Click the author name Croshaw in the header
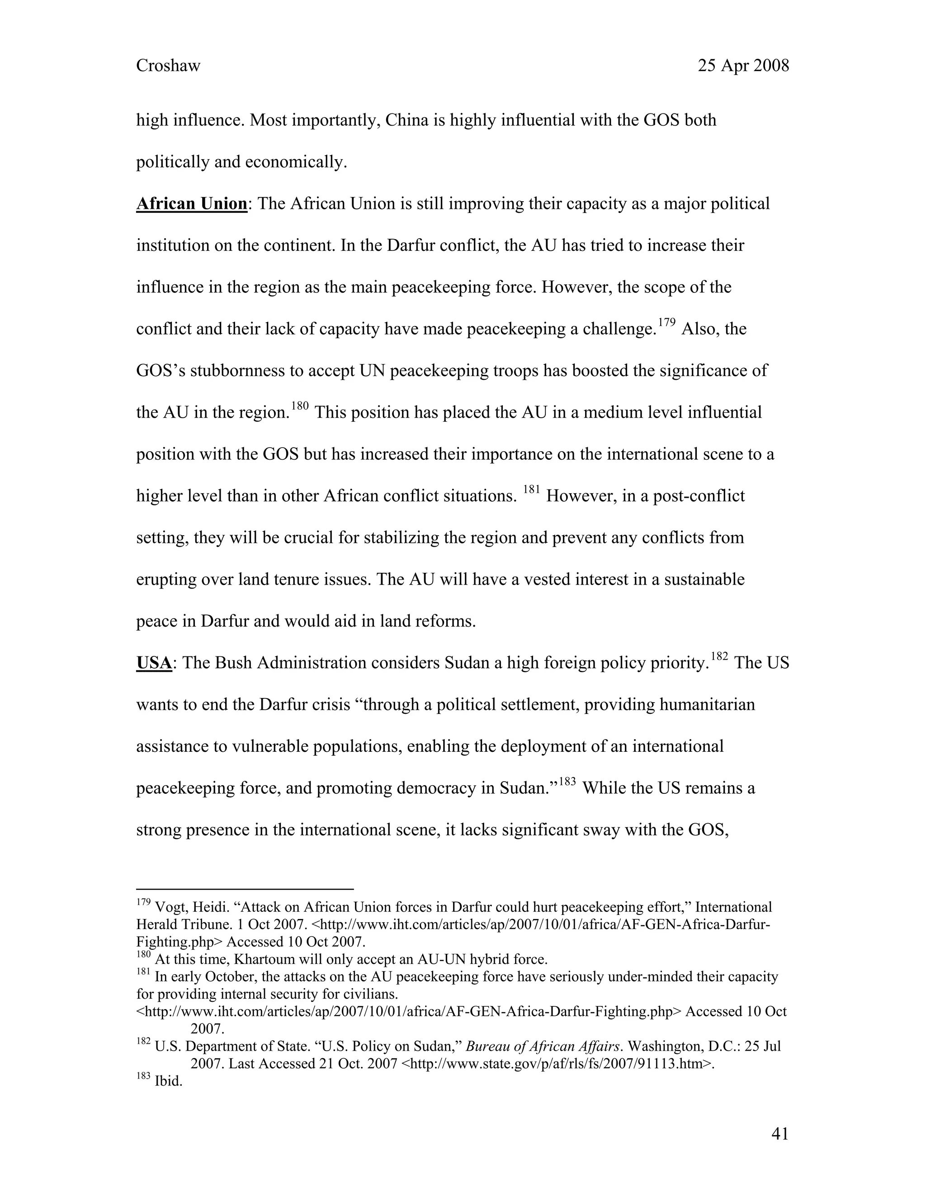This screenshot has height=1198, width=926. click(168, 66)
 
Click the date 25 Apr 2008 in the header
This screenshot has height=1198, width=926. click(743, 66)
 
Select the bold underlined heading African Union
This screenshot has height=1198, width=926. click(191, 204)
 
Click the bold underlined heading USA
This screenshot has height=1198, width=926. click(154, 663)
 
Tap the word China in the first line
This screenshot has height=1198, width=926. click(406, 120)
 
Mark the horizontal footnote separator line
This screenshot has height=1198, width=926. click(245, 889)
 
